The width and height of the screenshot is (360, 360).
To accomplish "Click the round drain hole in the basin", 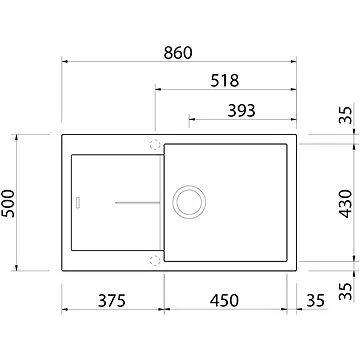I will click(187, 201).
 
